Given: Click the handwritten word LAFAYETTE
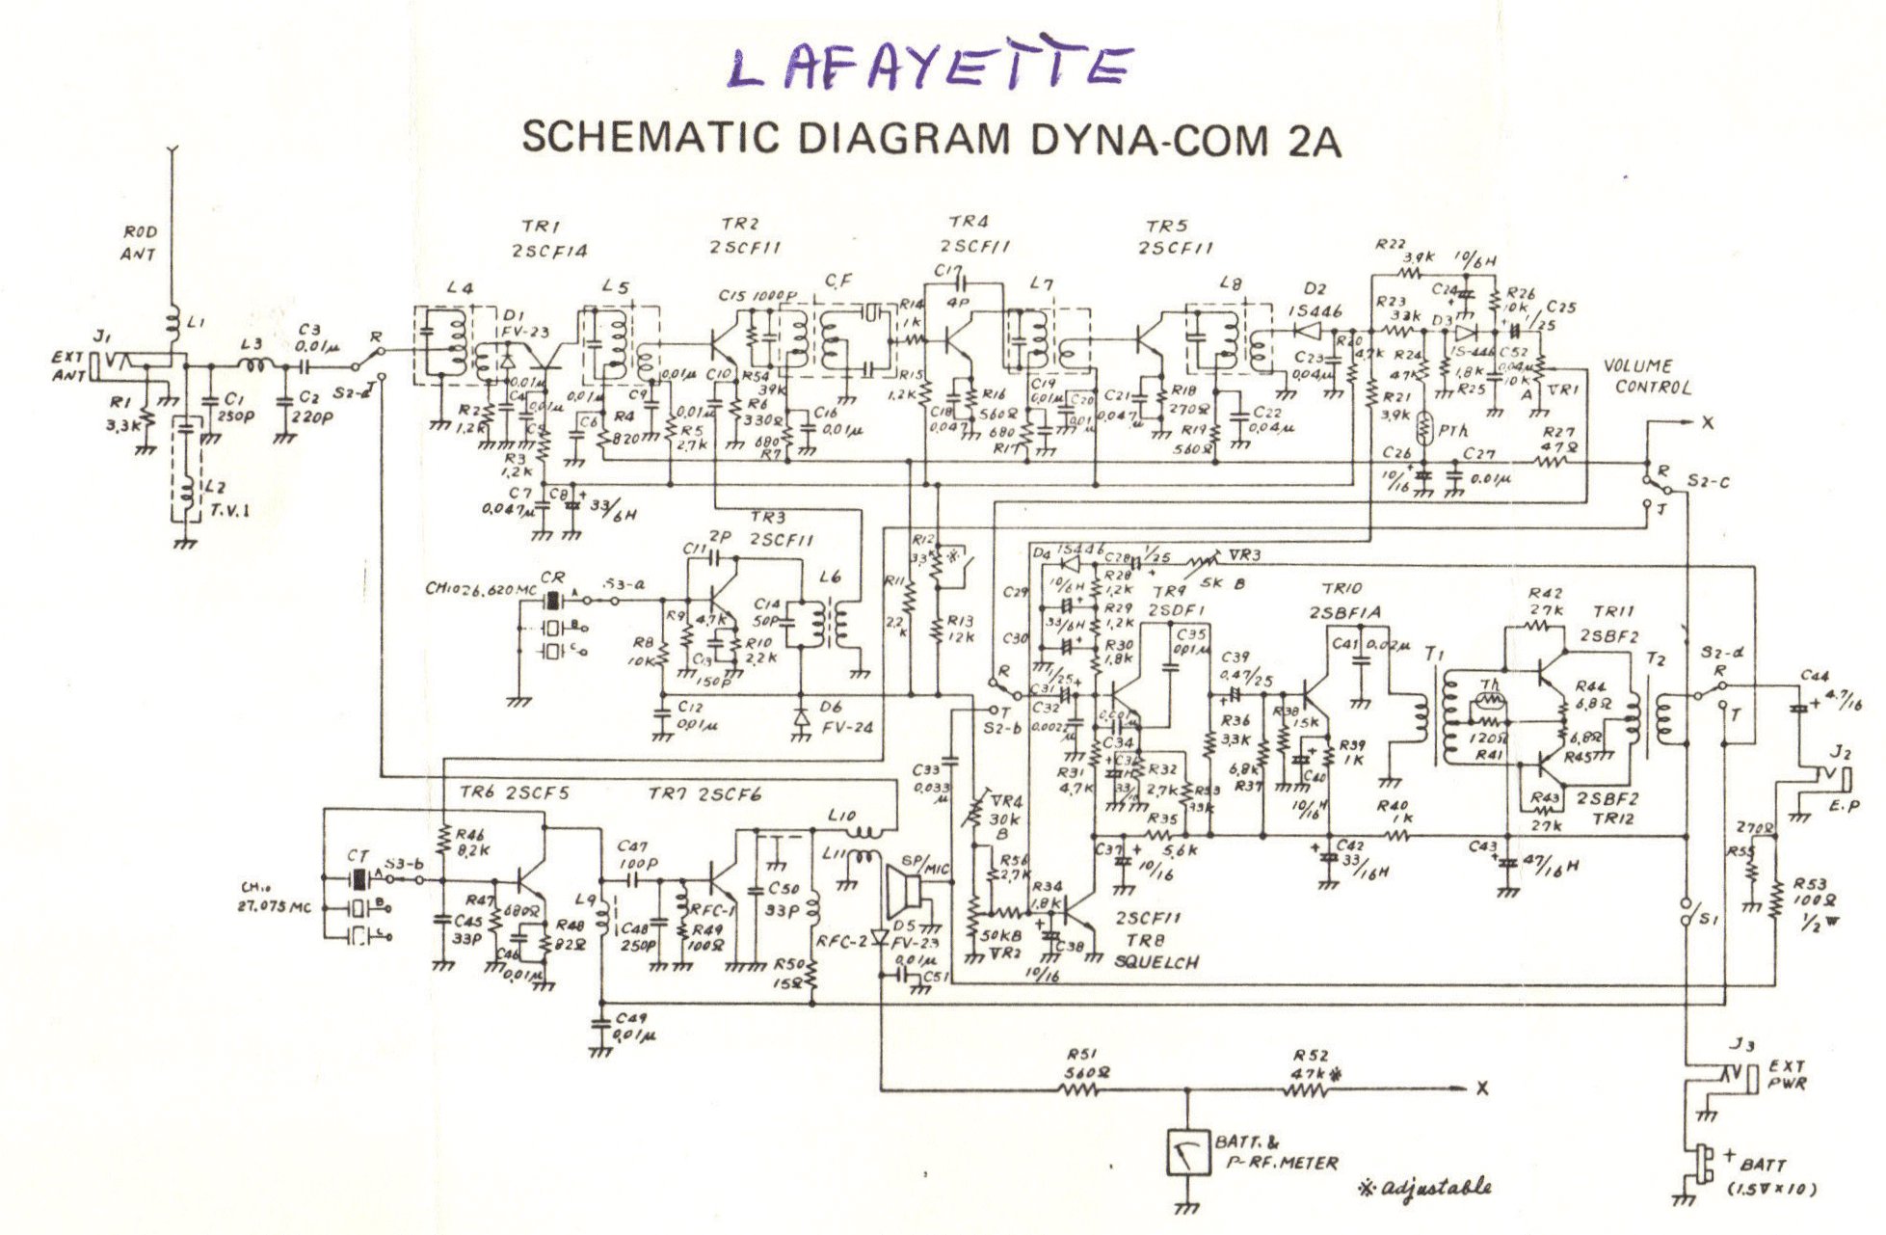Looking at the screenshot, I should click(929, 67).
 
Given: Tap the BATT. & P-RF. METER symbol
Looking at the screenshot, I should click(1186, 1151).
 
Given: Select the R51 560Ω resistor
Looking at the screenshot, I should click(1079, 1090).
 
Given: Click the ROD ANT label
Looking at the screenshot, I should click(139, 243).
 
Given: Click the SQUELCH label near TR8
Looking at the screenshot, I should click(1156, 961).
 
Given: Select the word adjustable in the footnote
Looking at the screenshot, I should click(1435, 1188).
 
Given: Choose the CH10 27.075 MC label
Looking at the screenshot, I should click(274, 898).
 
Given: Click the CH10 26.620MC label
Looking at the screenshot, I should click(479, 587).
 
